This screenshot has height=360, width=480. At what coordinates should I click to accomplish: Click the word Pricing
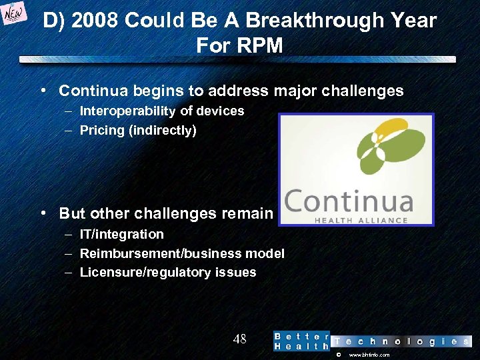click(x=101, y=131)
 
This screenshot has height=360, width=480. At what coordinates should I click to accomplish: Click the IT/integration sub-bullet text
click(x=121, y=234)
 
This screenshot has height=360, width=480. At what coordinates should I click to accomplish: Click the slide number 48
click(x=240, y=339)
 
